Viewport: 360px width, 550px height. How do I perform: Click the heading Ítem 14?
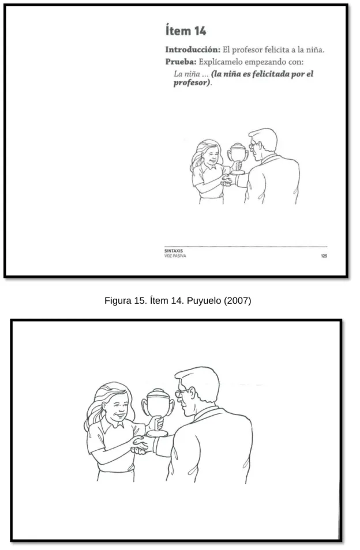point(186,31)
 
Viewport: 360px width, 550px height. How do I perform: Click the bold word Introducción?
point(193,50)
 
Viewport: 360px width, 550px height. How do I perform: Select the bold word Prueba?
point(181,62)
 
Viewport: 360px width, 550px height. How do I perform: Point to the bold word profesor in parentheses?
point(191,83)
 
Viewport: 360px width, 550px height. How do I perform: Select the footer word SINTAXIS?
point(173,251)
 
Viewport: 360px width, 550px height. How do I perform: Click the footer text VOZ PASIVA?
point(175,256)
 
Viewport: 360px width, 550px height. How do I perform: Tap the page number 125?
point(324,256)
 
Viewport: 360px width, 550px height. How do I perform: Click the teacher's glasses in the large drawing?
point(182,393)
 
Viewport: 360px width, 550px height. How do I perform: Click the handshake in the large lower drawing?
point(142,444)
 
